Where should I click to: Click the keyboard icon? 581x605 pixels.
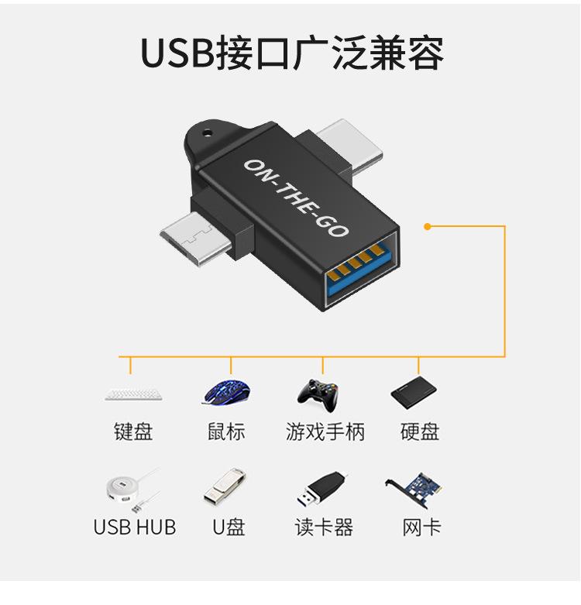coord(134,394)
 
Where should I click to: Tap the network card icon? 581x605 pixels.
coord(415,488)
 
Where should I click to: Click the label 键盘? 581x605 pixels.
coord(133,432)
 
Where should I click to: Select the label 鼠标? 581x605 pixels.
coord(226,432)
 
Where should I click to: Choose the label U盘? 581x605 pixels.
coord(229,528)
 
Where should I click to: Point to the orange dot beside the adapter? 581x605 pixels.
coord(427,226)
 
